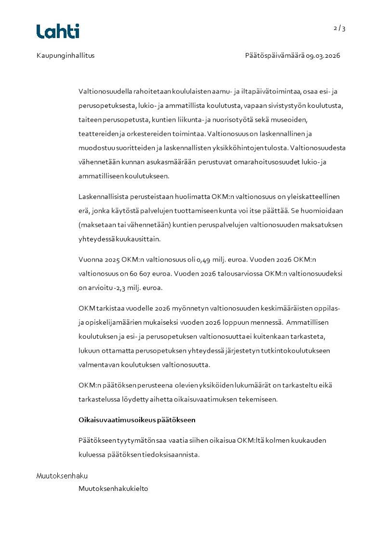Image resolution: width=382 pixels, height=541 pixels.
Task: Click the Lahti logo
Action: tap(58, 31)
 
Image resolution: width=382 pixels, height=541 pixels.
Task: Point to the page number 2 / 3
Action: tap(340, 28)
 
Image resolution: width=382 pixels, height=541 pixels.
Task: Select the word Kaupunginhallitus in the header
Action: tap(66, 55)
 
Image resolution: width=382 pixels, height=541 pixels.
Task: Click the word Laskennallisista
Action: tap(104, 197)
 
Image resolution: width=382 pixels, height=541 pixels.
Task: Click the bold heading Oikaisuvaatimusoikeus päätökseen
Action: tap(137, 420)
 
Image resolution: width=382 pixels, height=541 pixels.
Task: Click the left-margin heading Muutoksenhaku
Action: tap(62, 476)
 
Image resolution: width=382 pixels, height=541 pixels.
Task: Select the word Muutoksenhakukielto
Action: tap(113, 488)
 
